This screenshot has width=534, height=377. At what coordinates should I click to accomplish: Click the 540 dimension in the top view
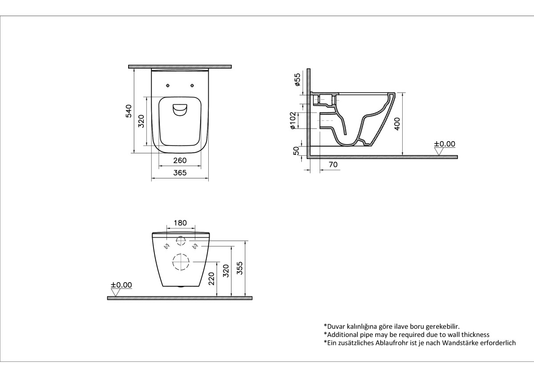(129, 111)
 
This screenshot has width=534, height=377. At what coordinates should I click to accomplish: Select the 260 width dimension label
(179, 160)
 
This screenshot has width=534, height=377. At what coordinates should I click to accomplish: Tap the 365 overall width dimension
(179, 173)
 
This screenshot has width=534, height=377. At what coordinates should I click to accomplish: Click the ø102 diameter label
(293, 120)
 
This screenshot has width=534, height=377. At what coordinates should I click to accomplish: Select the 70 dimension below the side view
(332, 165)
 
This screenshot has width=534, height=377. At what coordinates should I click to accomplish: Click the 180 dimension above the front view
(180, 223)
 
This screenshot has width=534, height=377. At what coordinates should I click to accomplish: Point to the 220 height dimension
(211, 279)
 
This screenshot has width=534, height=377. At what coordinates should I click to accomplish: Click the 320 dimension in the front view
(226, 271)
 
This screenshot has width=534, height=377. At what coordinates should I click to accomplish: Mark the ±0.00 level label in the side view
(445, 144)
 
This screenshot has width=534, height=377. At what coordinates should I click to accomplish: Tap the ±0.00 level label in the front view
(121, 285)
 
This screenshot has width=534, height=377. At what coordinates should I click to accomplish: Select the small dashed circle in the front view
(181, 241)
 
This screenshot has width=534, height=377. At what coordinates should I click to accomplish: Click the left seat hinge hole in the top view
(168, 85)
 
